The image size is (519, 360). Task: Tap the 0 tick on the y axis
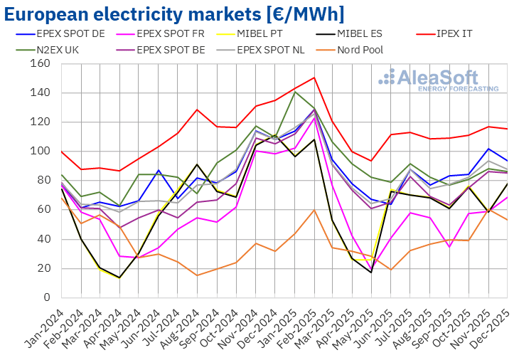click(46, 297)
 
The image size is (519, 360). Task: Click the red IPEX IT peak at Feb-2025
click(314, 78)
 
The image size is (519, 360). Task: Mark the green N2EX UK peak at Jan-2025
click(294, 92)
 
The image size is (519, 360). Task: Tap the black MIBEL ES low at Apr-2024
click(119, 277)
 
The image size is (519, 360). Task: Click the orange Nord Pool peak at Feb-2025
click(314, 210)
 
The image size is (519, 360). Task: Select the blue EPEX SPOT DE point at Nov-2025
click(488, 149)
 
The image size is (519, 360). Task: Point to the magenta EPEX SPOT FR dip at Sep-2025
click(449, 246)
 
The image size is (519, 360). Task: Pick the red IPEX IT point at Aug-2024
click(197, 110)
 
